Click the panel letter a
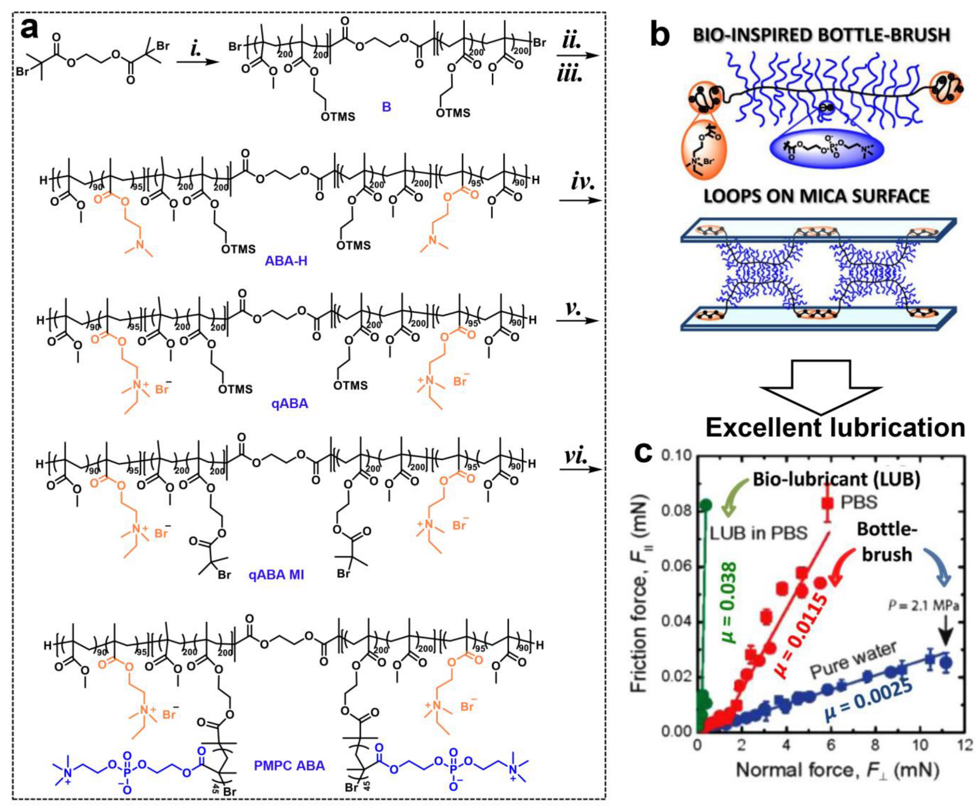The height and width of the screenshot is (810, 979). [30, 30]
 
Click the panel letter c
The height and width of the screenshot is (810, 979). [644, 452]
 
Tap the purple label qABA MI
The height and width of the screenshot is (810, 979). [276, 574]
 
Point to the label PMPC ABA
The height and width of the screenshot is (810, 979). [289, 765]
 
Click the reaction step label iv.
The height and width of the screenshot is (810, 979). [582, 183]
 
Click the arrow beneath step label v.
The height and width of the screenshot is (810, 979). [577, 320]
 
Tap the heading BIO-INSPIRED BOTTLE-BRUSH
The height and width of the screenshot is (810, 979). [821, 35]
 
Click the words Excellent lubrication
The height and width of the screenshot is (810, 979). [835, 427]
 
